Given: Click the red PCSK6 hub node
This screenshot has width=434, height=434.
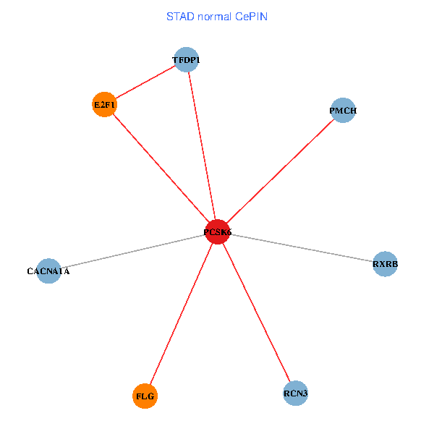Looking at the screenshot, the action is point(218,231).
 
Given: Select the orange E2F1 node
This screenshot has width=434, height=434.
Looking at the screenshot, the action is point(105,105).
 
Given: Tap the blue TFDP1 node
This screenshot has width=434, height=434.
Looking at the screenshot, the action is point(186,59).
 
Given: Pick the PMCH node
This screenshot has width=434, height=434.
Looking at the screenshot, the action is point(342,111).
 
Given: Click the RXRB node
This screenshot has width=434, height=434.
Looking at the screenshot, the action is point(385,265).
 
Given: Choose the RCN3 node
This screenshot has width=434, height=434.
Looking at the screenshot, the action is point(295,393).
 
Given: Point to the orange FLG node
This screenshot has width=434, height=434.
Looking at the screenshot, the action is point(145,396).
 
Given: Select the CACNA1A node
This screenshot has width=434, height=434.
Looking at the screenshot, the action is point(48,271).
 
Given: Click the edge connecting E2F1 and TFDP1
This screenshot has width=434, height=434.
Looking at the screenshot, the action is point(145,82).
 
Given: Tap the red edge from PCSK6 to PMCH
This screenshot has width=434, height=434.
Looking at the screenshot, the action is point(280,171).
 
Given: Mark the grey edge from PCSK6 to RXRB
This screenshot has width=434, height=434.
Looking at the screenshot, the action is point(301,248).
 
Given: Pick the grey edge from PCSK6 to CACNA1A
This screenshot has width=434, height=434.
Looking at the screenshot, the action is point(133,251).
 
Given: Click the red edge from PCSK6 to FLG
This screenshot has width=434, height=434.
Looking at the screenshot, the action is point(182,314).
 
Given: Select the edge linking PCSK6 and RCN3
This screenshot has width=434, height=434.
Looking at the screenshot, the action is point(256,312).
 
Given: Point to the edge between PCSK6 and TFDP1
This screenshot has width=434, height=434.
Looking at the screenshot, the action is point(202,145).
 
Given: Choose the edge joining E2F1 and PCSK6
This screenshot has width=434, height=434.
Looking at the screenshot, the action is point(161,168).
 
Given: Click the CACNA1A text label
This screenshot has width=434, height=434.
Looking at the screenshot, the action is point(48,271).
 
